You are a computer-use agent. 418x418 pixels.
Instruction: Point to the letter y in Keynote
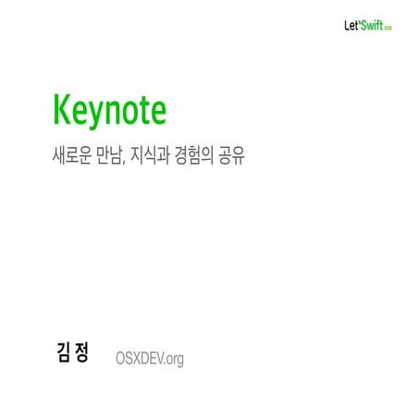coord(89,115)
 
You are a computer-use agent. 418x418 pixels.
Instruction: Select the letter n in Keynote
coord(106,112)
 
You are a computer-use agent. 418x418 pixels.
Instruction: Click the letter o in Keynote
coord(125,112)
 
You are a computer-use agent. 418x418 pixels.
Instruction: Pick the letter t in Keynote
coord(140,110)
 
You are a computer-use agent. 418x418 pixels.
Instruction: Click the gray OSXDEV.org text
coord(150,358)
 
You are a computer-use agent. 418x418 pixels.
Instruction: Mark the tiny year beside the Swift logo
coord(389,27)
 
